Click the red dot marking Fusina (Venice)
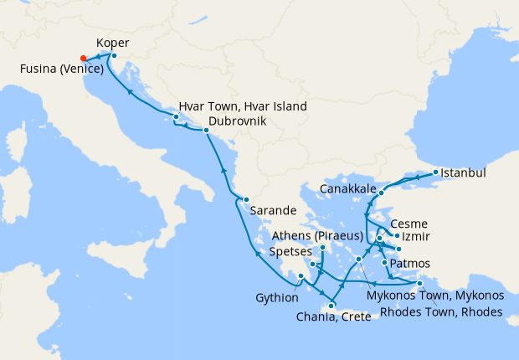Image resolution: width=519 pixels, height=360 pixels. (x=83, y=58)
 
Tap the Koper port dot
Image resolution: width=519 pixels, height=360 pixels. (x=114, y=56)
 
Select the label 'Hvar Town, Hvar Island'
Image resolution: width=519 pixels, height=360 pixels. (x=242, y=107)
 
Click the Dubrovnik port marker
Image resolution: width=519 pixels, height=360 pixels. (x=206, y=131)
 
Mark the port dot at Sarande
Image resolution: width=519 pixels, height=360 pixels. (x=245, y=199)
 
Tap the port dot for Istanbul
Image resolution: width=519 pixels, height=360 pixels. (x=436, y=173)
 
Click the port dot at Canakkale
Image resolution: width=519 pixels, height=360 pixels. (x=380, y=193)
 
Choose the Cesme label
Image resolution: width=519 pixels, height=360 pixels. (x=409, y=224)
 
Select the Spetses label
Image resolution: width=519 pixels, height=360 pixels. (x=292, y=250)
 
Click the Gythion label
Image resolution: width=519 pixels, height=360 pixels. (x=277, y=297)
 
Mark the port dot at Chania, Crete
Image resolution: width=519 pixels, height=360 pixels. (x=331, y=306)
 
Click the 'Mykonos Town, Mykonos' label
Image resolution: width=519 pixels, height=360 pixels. (x=435, y=296)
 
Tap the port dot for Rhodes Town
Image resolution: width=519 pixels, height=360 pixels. (x=419, y=285)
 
